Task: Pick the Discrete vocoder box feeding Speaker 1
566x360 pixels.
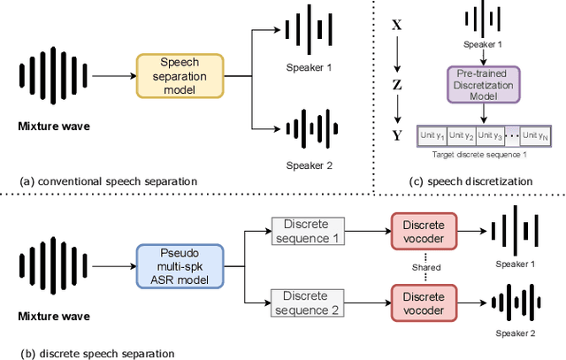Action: click(x=424, y=229)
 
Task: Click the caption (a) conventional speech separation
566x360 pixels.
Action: click(x=108, y=180)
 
